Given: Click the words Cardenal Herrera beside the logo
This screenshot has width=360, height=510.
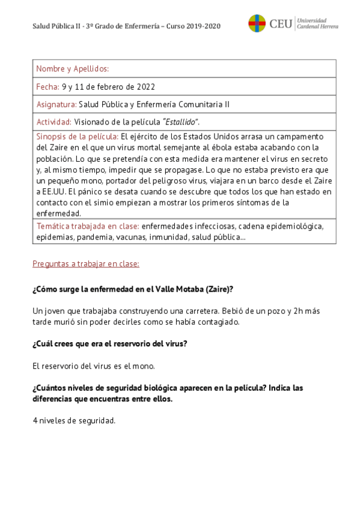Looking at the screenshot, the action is pyautogui.click(x=318, y=27).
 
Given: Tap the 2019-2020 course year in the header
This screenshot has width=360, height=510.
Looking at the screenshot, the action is pyautogui.click(x=204, y=26).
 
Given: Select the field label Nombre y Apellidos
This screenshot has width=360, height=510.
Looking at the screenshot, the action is pyautogui.click(x=72, y=69).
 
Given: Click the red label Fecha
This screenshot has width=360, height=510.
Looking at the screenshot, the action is pyautogui.click(x=47, y=87).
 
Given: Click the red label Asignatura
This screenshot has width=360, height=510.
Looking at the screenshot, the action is pyautogui.click(x=56, y=104).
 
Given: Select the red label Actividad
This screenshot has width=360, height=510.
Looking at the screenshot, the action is pyautogui.click(x=54, y=121).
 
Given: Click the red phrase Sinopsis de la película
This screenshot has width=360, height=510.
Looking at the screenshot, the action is pyautogui.click(x=78, y=137).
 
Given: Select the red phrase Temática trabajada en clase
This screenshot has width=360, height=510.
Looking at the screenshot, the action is pyautogui.click(x=88, y=226).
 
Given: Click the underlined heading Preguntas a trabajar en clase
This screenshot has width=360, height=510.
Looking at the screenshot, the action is pyautogui.click(x=85, y=263).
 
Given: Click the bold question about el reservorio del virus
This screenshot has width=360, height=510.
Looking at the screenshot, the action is pyautogui.click(x=109, y=343).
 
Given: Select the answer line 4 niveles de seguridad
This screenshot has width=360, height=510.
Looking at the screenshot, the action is pyautogui.click(x=73, y=420).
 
